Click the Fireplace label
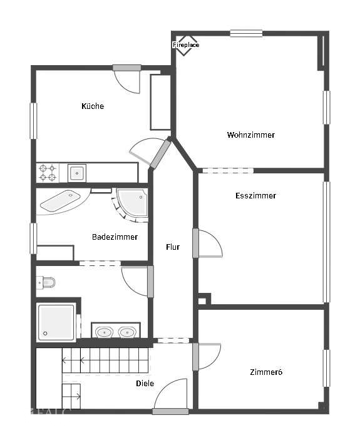click(186, 45)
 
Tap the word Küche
click(93, 106)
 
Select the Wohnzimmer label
click(250, 135)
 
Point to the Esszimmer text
click(255, 195)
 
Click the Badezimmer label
click(115, 237)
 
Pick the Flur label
click(173, 247)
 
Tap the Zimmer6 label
click(266, 372)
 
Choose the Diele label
click(145, 384)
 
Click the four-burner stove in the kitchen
click(48, 173)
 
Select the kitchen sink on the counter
click(77, 173)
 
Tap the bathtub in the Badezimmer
click(61, 200)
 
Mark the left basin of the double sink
click(104, 332)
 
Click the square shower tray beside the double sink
click(56, 322)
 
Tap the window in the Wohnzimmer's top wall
click(246, 34)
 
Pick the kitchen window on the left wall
click(34, 121)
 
